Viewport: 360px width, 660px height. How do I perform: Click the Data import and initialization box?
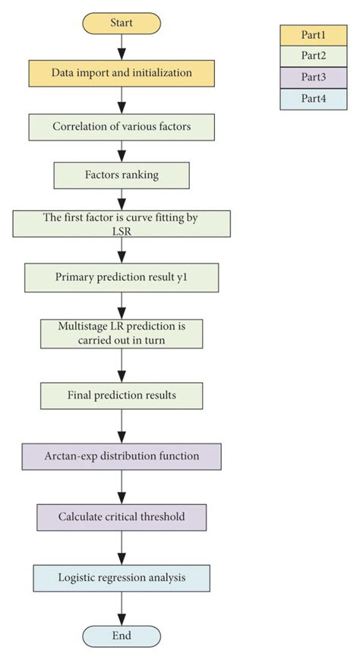pos(122,73)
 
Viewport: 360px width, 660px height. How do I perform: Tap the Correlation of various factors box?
pos(122,126)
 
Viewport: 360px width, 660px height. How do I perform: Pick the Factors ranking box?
pos(122,175)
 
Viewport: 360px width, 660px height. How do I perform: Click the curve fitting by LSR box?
pos(122,224)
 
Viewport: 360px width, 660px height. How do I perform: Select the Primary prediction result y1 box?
pos(122,277)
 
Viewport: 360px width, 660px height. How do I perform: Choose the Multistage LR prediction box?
pos(122,333)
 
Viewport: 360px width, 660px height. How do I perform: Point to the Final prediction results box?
pos(122,395)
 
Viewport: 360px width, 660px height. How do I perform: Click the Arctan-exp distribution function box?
pos(122,456)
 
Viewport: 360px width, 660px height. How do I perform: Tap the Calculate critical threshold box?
pos(122,516)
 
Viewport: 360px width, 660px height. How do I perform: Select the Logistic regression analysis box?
pos(122,577)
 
